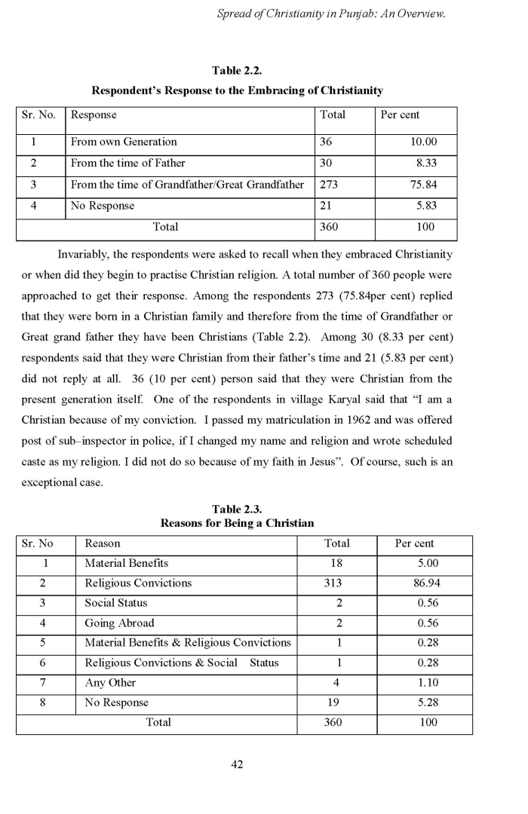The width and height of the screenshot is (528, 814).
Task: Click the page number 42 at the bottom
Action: click(x=236, y=764)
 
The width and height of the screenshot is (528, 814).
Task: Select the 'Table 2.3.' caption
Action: click(x=237, y=510)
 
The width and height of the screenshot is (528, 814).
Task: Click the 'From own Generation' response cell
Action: click(x=124, y=142)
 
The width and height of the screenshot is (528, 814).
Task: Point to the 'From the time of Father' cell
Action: click(x=127, y=163)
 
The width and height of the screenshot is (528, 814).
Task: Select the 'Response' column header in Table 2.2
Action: click(x=94, y=115)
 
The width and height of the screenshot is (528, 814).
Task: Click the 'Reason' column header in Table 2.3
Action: click(x=103, y=543)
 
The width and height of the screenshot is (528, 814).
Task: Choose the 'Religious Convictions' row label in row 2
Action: click(x=138, y=583)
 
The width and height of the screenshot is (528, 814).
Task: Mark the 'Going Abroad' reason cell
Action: click(x=119, y=623)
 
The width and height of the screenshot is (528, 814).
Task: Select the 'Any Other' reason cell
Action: click(x=110, y=682)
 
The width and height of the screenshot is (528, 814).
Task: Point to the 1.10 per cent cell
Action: click(x=428, y=682)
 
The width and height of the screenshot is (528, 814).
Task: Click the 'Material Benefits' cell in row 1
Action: click(x=126, y=563)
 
